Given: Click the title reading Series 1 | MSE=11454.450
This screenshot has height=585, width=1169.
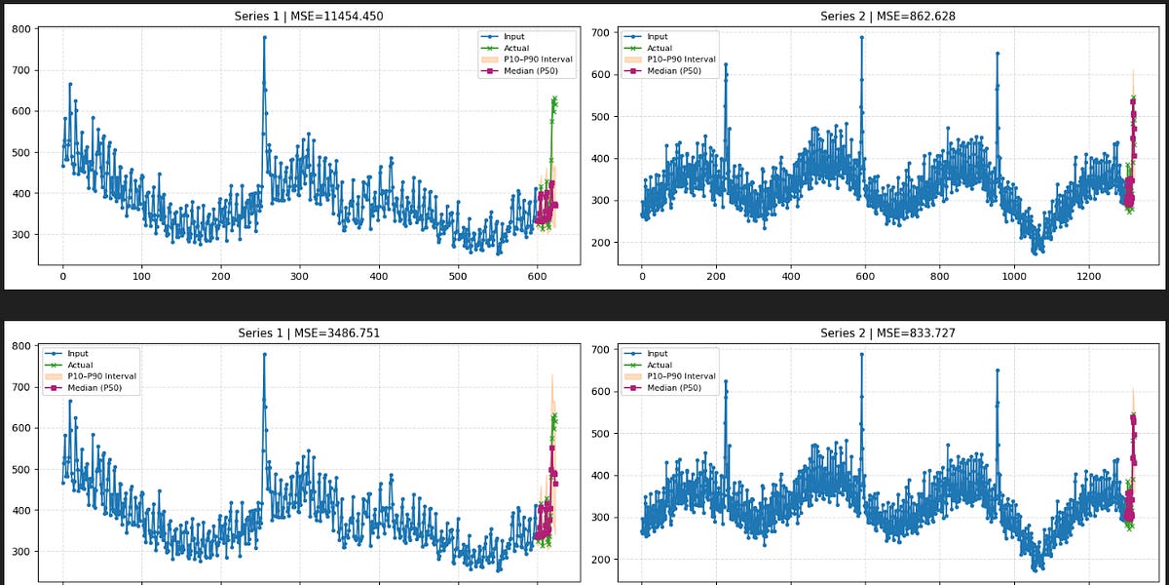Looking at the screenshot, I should pos(309,17).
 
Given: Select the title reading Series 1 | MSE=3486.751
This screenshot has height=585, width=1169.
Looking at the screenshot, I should pos(309,333).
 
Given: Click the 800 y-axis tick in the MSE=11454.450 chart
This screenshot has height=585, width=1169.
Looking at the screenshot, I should pos(19,29).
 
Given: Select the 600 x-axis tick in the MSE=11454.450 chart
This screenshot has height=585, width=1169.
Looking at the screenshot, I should pos(538,278).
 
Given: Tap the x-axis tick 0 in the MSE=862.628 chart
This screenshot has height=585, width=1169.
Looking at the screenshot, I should pos(642,278).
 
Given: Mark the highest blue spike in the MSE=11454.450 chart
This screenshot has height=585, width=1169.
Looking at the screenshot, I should pos(264,37).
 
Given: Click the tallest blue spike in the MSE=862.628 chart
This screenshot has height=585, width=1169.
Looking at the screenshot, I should pos(862,37).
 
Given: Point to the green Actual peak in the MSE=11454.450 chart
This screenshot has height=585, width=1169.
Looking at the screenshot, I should pos(554,98).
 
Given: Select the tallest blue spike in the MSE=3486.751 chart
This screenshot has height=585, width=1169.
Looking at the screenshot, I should pos(264,354).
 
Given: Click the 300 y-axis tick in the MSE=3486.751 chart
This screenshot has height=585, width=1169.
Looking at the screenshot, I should pos(19,552).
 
